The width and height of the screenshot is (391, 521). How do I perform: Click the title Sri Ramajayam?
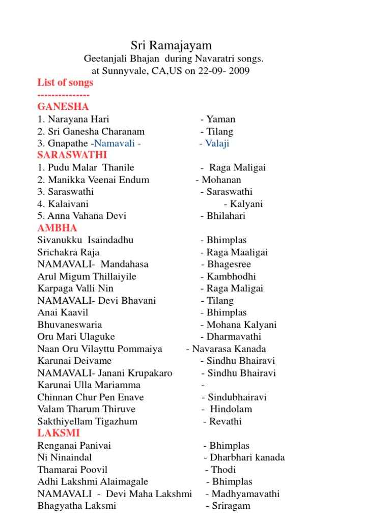point(171,46)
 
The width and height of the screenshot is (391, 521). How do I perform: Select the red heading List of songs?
point(66,82)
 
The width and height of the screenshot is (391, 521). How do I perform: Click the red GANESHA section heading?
point(63,107)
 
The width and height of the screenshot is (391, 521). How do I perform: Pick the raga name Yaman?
point(221,120)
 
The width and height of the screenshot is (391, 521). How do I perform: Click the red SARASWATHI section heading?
point(72,155)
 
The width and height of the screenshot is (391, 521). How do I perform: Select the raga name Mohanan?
point(221,180)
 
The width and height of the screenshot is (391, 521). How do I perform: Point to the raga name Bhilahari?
point(226,216)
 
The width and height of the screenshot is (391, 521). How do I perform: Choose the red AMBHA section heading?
point(58,228)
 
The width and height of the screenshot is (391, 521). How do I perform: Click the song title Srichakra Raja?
point(69,252)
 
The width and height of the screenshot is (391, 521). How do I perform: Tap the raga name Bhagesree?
point(229,265)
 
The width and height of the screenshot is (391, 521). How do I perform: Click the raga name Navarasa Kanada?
point(229,349)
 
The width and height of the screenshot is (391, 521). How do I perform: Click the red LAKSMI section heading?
point(59,433)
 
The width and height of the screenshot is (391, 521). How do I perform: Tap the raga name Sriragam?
point(231,506)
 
